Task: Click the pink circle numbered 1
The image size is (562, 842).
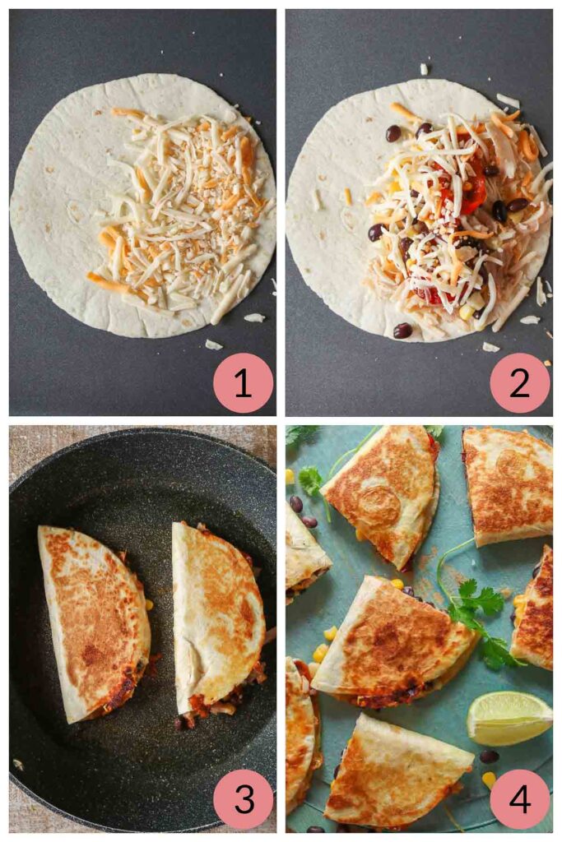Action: [x=243, y=383]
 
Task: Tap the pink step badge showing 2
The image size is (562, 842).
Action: [x=519, y=383]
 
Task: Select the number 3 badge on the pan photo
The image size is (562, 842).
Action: [x=243, y=798]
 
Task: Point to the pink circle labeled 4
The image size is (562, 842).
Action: [x=519, y=798]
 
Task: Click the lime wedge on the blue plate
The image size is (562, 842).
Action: [x=509, y=717]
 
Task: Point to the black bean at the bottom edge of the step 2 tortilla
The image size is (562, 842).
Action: [x=402, y=331]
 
